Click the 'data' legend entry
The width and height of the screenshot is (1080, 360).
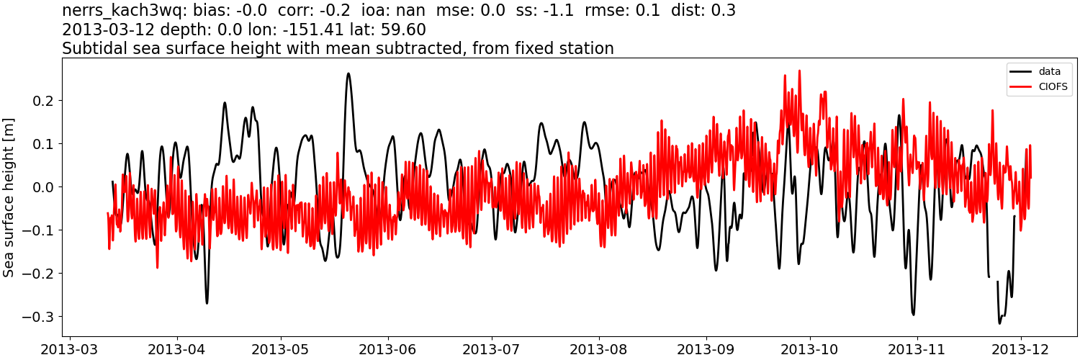pyautogui.click(x=1049, y=71)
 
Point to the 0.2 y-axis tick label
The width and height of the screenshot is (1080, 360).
pyautogui.click(x=43, y=101)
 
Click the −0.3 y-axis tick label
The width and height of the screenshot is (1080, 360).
pyautogui.click(x=39, y=317)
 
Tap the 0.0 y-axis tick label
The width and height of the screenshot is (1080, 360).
pyautogui.click(x=43, y=187)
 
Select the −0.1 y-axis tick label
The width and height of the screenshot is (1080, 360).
pyautogui.click(x=39, y=230)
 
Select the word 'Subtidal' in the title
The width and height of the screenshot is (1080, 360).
pyautogui.click(x=91, y=48)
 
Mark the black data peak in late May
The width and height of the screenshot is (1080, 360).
pyautogui.click(x=348, y=73)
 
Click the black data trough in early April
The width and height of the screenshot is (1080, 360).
pyautogui.click(x=207, y=302)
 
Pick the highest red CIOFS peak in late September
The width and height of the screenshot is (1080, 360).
pyautogui.click(x=799, y=71)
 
